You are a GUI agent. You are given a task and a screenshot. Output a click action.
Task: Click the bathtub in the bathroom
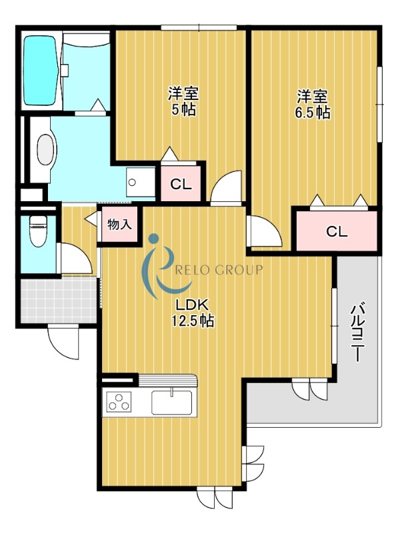41,70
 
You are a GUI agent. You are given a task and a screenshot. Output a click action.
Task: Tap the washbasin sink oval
44,149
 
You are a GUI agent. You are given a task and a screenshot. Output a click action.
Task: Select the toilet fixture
37,233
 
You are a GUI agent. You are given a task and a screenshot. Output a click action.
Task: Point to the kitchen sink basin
171,402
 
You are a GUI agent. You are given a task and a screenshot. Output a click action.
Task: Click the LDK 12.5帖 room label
194,312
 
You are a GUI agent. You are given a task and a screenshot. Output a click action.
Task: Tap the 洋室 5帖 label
183,102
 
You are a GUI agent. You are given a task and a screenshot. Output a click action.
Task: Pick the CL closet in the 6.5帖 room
337,231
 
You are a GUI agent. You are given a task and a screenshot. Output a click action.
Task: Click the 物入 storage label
119,225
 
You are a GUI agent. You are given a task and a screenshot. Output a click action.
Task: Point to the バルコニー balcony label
357,332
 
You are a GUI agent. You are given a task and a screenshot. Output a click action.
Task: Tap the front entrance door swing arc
63,340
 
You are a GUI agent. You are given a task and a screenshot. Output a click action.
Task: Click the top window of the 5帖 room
199,27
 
